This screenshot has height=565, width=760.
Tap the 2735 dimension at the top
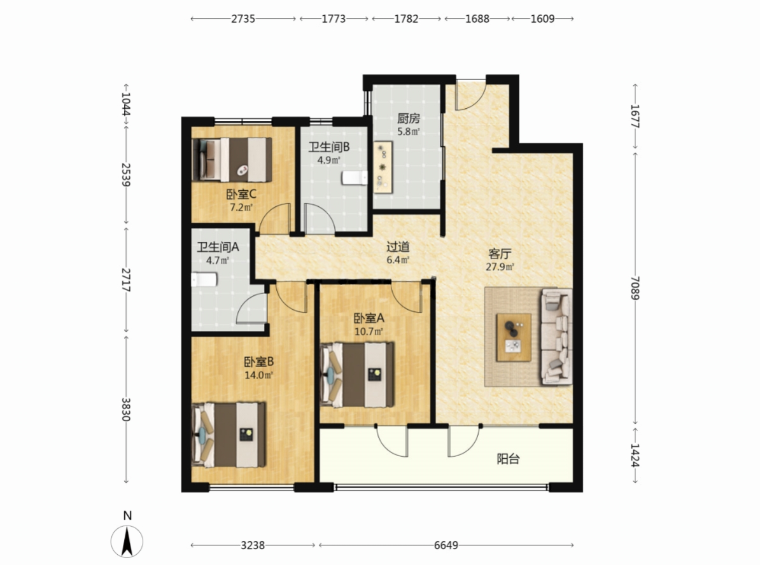click(x=243, y=19)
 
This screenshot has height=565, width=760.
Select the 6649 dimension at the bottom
click(x=446, y=545)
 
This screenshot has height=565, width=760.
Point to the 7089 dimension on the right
click(x=635, y=288)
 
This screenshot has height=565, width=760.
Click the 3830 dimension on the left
click(x=126, y=410)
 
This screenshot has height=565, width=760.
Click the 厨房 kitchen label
click(x=408, y=118)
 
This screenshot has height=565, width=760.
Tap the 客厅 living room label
click(x=500, y=253)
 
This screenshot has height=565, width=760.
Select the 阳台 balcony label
click(x=508, y=458)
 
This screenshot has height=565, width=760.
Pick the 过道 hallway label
click(x=398, y=247)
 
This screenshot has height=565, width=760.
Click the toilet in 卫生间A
click(x=204, y=279)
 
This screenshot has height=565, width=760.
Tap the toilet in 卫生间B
click(x=355, y=178)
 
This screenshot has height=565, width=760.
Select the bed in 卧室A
click(x=357, y=375)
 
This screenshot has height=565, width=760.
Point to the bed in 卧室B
click(x=229, y=435)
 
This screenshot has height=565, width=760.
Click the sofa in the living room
click(x=556, y=337)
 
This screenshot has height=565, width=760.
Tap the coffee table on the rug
click(x=513, y=337)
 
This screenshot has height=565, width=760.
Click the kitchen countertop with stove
click(x=383, y=167)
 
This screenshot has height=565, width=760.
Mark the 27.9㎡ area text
click(x=500, y=267)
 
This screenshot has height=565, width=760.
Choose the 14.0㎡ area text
click(x=258, y=375)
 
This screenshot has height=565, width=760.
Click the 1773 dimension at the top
click(x=334, y=19)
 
